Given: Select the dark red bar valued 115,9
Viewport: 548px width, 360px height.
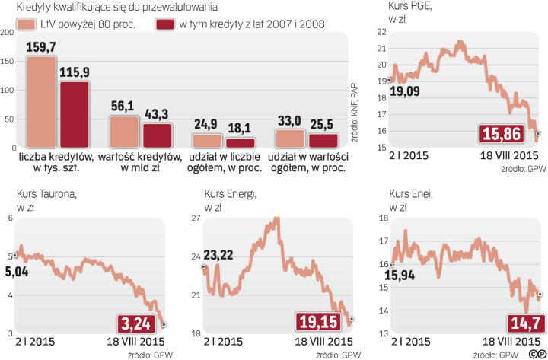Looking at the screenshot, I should (75, 114).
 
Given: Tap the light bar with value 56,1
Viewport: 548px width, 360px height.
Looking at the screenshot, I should (124, 132).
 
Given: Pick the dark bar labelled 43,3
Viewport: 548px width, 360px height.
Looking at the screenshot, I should (158, 135).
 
